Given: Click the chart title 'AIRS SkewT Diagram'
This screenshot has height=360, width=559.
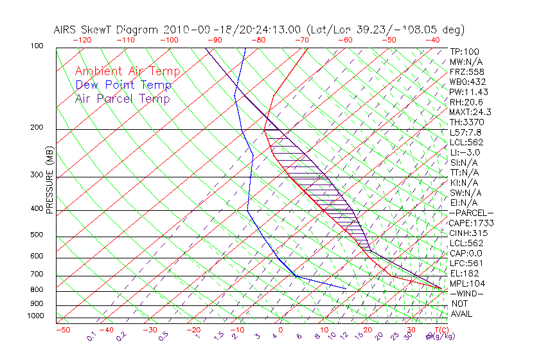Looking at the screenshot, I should click(107, 30).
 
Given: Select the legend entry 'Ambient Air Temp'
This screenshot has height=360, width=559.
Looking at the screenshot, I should click(127, 71).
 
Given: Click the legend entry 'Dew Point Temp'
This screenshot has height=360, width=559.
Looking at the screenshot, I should click(123, 85).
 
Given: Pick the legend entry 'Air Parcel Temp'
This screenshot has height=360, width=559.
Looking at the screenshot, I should click(122, 98).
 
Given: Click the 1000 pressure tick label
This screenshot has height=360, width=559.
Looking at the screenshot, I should click(36, 316).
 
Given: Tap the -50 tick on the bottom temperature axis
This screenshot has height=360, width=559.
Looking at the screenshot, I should click(63, 330).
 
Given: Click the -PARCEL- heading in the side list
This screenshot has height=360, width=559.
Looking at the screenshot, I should click(471, 213).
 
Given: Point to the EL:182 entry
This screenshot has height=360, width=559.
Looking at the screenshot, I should click(463, 273).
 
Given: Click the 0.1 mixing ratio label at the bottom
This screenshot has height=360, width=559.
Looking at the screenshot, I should click(91, 336).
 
